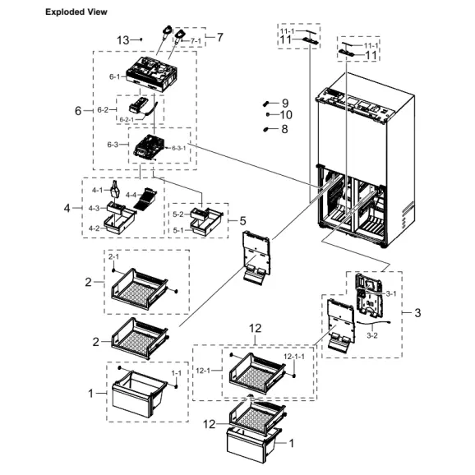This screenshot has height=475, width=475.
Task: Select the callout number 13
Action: point(123,39)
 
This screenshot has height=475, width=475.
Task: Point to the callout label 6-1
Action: point(114,77)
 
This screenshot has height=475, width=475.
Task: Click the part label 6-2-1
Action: point(127,120)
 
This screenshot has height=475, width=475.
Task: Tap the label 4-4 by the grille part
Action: point(131,194)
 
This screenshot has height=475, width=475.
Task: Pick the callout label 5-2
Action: point(178,214)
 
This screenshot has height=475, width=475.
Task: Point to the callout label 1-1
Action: point(177,373)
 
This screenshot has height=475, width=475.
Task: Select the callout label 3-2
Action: point(371,335)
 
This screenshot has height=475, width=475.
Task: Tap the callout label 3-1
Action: point(391,293)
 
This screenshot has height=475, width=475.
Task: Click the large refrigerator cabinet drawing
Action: point(362,164)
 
